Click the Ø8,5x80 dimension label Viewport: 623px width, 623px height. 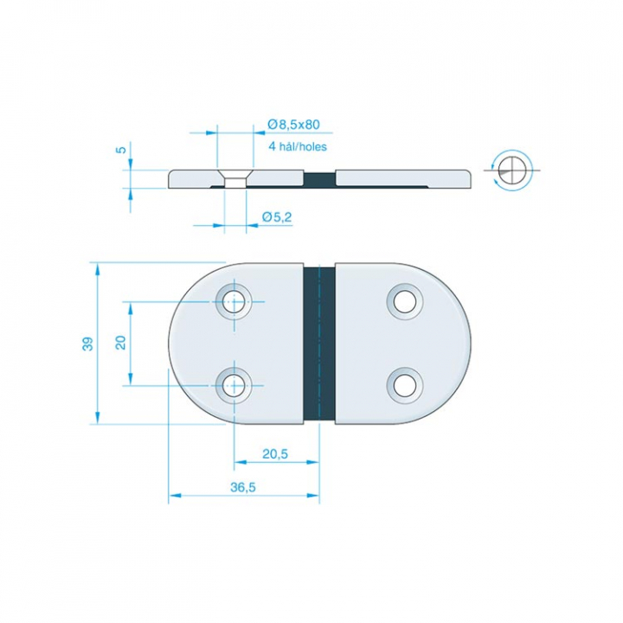(293, 125)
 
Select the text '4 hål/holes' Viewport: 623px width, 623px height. (298, 146)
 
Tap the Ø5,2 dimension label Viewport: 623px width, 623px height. (277, 217)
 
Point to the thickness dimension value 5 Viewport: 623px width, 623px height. (122, 150)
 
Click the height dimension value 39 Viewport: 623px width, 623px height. (87, 344)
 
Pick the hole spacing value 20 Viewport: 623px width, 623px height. (120, 343)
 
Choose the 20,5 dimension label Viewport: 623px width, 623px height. (275, 453)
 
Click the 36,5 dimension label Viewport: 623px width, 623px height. (243, 487)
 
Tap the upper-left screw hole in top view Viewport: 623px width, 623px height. (234, 302)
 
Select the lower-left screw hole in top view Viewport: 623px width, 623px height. (234, 385)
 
